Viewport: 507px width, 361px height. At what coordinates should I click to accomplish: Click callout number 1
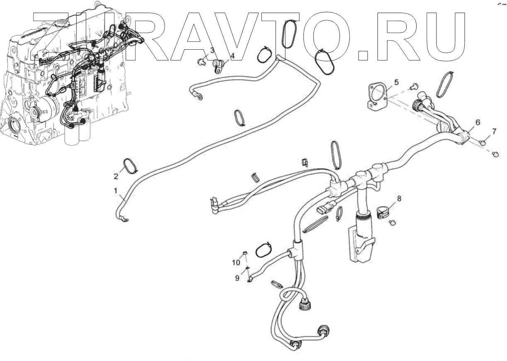click(116, 190)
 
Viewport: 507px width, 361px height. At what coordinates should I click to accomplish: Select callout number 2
click(116, 176)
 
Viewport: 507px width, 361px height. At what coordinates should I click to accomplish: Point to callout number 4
click(233, 55)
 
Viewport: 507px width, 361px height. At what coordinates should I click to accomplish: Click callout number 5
click(396, 82)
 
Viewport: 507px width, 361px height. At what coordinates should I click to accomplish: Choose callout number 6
click(478, 122)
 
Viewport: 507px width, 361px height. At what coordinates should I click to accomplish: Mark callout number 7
click(494, 132)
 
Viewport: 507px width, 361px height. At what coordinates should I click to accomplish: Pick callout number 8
click(399, 199)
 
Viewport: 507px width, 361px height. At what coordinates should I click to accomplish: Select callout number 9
click(238, 278)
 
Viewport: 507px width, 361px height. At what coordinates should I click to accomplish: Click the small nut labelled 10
click(245, 253)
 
